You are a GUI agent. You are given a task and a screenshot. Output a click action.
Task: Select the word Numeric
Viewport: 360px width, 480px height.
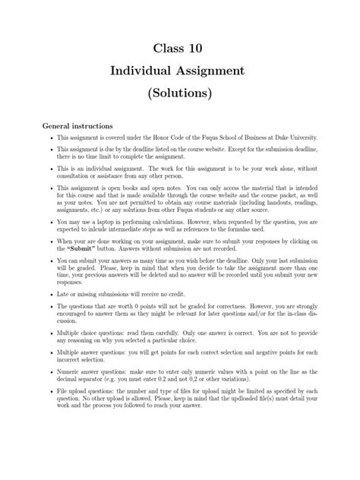[70, 389]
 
